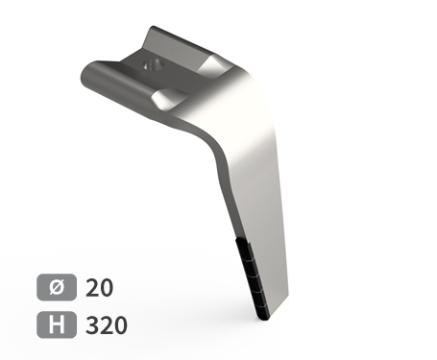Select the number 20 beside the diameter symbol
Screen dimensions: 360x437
tap(99, 288)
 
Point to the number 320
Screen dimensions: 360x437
tap(107, 325)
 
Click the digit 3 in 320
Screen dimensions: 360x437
tap(92, 325)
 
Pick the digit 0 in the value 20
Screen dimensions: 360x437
tap(107, 288)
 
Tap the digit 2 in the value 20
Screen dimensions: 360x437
tap(92, 288)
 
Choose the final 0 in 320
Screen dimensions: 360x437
tap(120, 325)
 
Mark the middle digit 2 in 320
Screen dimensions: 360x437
tap(107, 325)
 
